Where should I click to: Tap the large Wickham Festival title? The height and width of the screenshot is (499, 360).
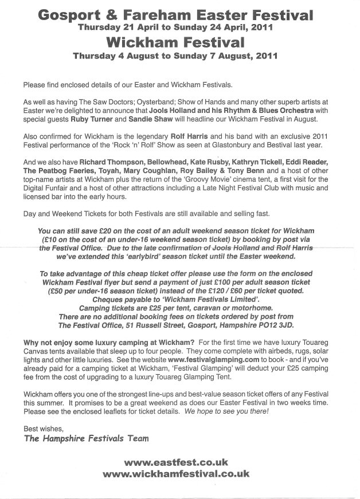click(x=179, y=42)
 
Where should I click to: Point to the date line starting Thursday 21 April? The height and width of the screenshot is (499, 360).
click(x=179, y=27)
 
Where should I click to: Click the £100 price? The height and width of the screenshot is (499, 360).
click(x=227, y=283)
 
